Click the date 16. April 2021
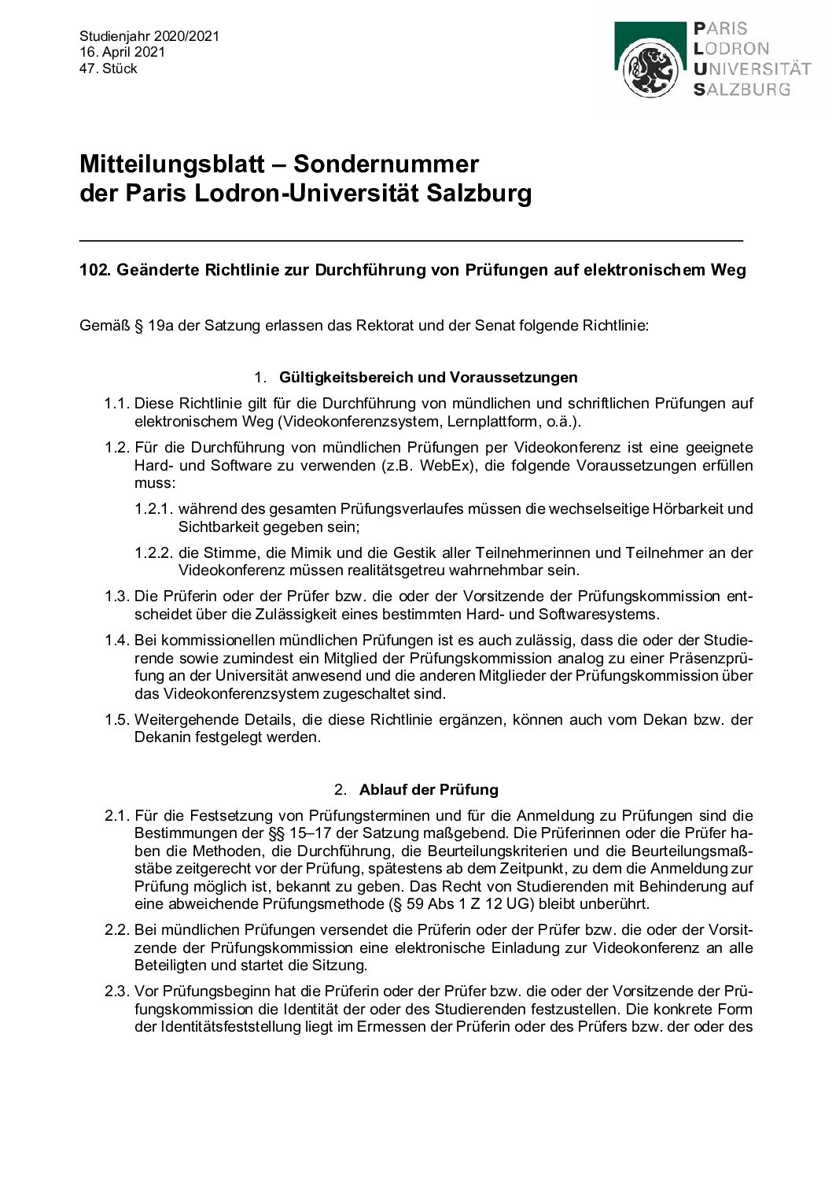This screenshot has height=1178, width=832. click(122, 52)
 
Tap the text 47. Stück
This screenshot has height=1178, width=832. click(109, 68)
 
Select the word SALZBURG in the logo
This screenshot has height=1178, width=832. click(742, 89)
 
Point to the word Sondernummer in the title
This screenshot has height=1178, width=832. click(386, 164)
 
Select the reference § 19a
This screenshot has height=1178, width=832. click(155, 325)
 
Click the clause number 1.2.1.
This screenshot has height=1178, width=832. click(154, 509)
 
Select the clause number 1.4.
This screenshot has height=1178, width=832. click(116, 641)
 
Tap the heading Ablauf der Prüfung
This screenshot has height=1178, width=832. click(429, 789)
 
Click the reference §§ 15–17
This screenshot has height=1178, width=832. click(300, 833)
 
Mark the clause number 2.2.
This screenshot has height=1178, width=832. click(116, 930)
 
